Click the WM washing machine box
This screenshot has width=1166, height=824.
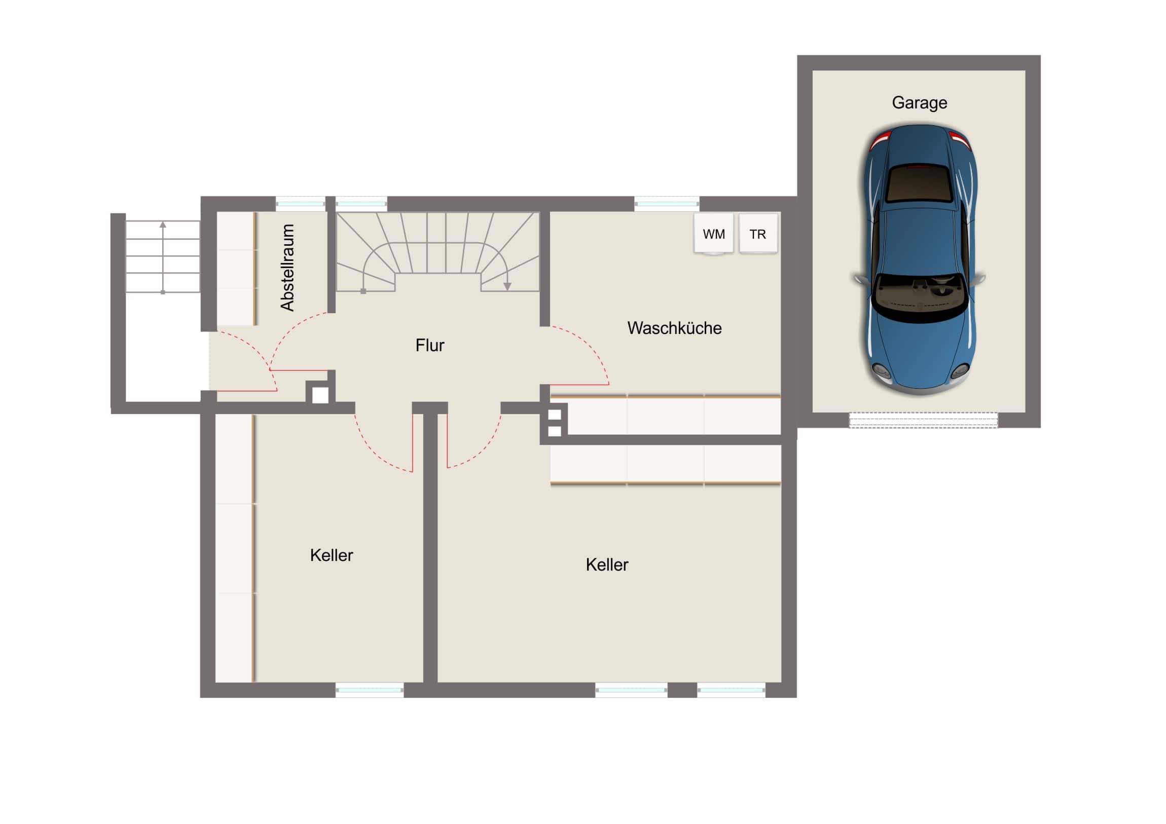click(713, 234)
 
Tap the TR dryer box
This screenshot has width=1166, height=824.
click(758, 234)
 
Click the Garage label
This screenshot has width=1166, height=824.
click(919, 102)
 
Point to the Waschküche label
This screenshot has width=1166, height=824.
click(674, 328)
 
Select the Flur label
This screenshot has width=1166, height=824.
click(429, 345)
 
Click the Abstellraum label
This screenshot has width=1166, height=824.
click(287, 268)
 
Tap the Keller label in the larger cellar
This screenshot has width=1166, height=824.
click(607, 565)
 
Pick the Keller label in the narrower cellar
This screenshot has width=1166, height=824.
click(332, 555)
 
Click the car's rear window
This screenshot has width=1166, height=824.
click(919, 183)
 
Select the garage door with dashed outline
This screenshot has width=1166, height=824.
click(923, 420)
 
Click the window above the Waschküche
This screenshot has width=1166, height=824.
click(667, 204)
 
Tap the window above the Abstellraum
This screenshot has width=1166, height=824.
click(301, 204)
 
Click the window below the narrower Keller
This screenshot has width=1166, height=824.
click(370, 690)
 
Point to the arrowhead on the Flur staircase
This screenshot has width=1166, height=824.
click(507, 286)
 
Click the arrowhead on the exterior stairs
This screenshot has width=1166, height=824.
click(163, 224)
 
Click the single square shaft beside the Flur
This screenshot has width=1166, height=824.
click(320, 395)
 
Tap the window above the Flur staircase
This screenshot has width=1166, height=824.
click(361, 204)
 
